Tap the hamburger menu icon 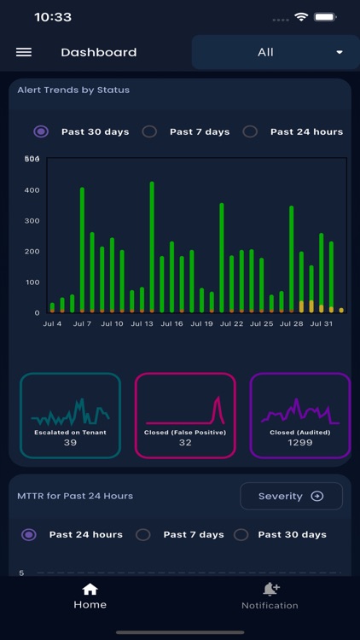coord(24,52)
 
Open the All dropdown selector coord(275,52)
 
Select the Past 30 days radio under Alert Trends coord(41,131)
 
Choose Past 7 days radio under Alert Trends coord(149,131)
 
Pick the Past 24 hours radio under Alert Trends coord(250,131)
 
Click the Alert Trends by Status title coord(73,90)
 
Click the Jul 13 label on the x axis coord(142,324)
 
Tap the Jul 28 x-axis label coord(292,324)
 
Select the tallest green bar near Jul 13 coord(152,247)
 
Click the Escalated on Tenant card coord(70,416)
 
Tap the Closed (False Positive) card coord(185,416)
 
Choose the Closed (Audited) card coord(299,416)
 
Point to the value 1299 coord(299,442)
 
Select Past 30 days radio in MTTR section coord(241,534)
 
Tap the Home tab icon coord(90,589)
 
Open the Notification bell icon coord(270,589)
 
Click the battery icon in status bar coord(325,17)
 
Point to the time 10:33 coord(53,17)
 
